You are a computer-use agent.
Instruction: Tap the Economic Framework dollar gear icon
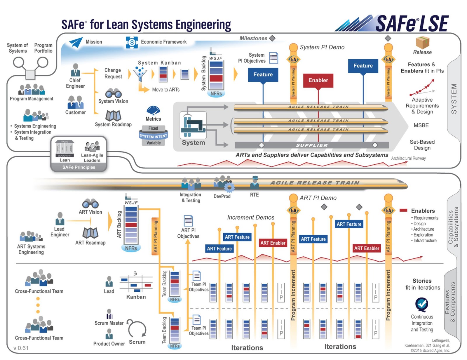click(x=132, y=43)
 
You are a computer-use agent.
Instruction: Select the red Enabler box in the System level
click(x=318, y=80)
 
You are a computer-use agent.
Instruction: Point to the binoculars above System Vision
click(x=113, y=93)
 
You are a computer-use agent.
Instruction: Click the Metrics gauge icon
click(x=153, y=111)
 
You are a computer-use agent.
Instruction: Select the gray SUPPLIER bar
click(x=312, y=145)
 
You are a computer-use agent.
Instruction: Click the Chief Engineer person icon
click(x=75, y=70)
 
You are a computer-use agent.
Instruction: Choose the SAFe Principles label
click(x=79, y=167)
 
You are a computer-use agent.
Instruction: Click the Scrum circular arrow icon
click(x=137, y=328)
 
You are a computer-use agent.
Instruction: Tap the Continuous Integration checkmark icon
click(x=422, y=304)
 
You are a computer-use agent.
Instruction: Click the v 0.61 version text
click(x=21, y=348)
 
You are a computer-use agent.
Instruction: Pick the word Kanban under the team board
click(x=136, y=297)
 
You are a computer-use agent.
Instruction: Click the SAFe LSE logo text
click(x=412, y=24)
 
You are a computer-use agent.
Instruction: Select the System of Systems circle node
click(x=18, y=62)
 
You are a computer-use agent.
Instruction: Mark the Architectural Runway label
click(x=408, y=158)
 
